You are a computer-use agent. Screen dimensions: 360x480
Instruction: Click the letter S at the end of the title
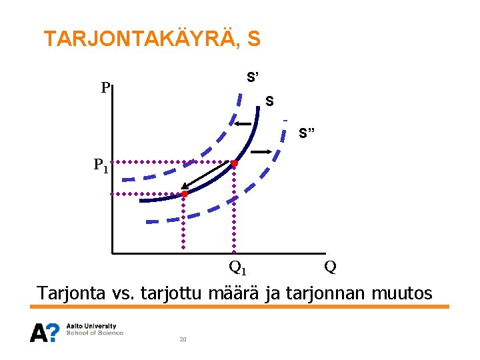[253, 39]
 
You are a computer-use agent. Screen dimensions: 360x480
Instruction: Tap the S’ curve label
[253, 77]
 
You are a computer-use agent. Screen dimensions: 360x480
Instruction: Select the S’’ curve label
[307, 134]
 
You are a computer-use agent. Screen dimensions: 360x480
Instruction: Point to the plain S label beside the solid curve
[269, 102]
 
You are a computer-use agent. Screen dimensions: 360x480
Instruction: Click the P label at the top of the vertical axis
[105, 87]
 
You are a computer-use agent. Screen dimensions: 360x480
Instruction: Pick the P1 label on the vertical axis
[101, 165]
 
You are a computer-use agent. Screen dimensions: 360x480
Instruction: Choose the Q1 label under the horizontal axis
[237, 268]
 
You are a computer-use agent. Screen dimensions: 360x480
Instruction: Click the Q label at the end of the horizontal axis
[329, 267]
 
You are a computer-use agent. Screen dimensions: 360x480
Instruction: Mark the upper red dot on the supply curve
[234, 163]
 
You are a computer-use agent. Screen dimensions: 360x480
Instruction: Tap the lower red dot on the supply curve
[185, 194]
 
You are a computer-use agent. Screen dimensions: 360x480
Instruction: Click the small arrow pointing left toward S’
[242, 124]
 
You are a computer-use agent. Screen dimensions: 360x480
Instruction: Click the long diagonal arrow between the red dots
[208, 178]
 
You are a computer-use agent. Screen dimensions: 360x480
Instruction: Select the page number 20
[183, 340]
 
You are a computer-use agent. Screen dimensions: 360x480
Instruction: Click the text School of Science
[95, 333]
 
